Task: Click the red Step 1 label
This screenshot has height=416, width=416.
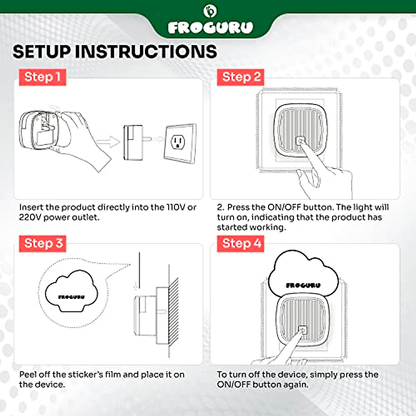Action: pos(43,77)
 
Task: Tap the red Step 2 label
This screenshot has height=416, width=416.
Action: pos(241,77)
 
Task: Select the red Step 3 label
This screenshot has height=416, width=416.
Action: pos(43,244)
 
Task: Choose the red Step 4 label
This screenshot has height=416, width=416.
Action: pos(241,244)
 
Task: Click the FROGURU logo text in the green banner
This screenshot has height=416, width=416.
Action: pos(210,28)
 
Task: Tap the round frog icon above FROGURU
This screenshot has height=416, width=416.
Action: pos(210,11)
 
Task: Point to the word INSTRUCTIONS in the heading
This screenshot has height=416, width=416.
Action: pos(146,52)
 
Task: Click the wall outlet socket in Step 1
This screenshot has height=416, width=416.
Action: pos(178,142)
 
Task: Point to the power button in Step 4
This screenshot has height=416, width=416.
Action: pos(302,330)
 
